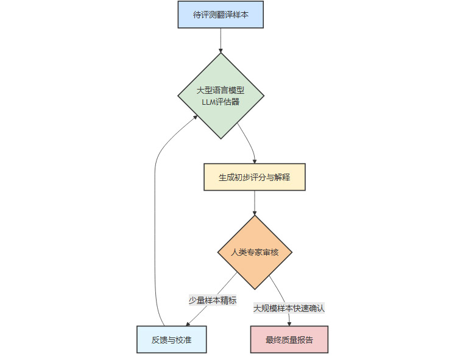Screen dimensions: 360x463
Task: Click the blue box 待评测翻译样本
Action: point(221,15)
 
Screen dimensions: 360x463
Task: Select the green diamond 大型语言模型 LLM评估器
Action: point(221,96)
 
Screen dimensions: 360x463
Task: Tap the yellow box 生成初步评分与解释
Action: point(254,177)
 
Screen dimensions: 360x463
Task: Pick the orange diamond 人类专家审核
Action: point(255,252)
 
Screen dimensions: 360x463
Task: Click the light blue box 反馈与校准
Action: point(171,339)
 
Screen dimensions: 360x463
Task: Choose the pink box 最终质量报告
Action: point(289,339)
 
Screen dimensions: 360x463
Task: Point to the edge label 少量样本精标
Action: point(212,300)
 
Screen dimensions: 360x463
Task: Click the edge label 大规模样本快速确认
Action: point(289,308)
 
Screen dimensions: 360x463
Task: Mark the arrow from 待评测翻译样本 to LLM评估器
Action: point(221,40)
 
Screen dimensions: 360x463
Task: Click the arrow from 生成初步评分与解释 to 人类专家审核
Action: point(255,203)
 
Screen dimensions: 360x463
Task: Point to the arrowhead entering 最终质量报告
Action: point(289,323)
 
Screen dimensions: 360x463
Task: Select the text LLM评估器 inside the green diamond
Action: point(221,102)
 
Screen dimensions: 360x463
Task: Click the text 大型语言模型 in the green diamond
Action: point(221,90)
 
